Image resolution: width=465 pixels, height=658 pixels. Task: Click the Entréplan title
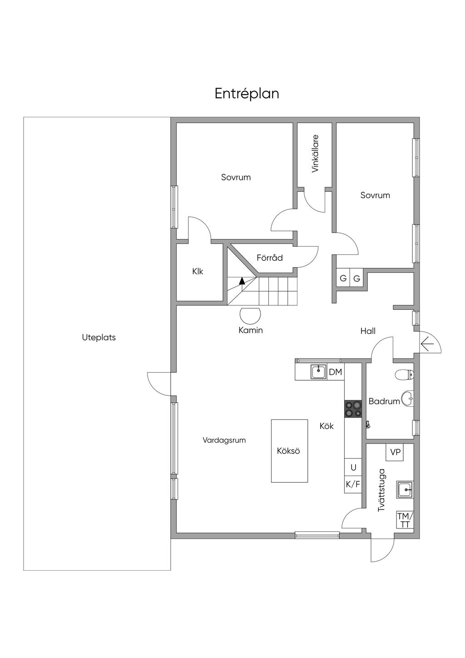pos(247,94)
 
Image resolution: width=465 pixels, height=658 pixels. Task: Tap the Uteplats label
pos(99,338)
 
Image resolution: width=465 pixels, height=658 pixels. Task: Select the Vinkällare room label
pos(315,154)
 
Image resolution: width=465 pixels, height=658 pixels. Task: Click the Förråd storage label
pos(270,258)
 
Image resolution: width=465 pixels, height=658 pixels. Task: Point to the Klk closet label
pos(198,271)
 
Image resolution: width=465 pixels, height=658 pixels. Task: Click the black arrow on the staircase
pos(242,281)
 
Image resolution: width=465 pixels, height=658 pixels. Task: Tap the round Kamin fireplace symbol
pos(250,315)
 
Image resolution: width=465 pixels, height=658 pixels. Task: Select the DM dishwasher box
pos(336,372)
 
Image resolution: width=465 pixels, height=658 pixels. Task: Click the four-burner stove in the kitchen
pos(353,409)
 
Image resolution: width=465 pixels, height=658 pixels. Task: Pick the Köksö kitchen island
pos(289,451)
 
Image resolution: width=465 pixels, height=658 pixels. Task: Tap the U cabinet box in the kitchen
pos(353,467)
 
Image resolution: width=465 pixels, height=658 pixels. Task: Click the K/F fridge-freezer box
pos(353,484)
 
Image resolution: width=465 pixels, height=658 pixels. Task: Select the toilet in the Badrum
pos(405,375)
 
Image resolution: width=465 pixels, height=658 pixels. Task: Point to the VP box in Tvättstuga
pos(395,453)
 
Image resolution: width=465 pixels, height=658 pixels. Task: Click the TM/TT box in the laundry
pos(405,520)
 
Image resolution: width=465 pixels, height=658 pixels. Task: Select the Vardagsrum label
pos(224,440)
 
